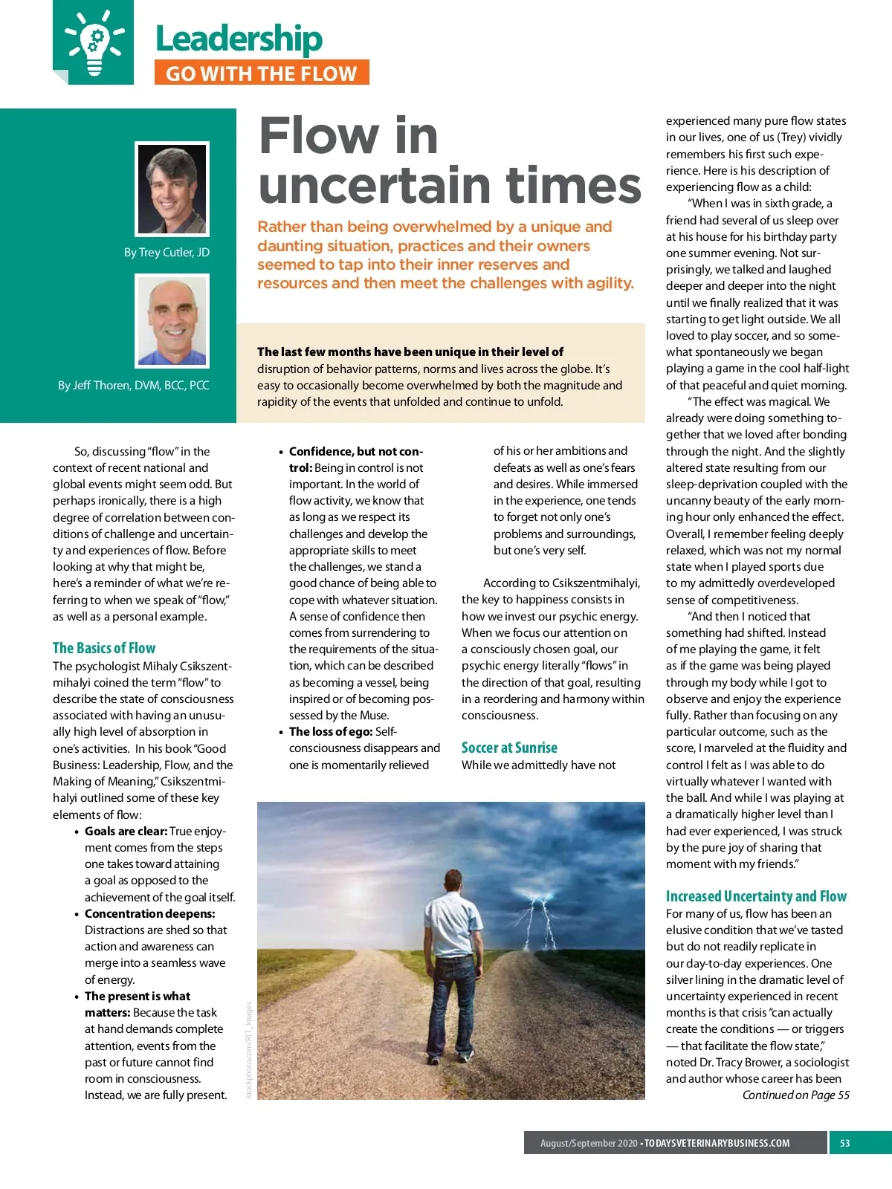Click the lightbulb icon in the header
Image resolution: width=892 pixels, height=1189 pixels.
(x=94, y=42)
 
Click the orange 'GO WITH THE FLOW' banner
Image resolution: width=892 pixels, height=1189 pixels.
(x=262, y=73)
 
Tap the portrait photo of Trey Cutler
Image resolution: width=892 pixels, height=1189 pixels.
(x=172, y=189)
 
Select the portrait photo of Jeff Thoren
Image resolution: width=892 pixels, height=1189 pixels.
(x=172, y=320)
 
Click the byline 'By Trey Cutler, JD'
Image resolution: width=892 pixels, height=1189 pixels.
(x=167, y=253)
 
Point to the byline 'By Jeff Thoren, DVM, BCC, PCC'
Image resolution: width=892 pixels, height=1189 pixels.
(x=134, y=385)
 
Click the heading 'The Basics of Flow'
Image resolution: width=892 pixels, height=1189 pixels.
(x=104, y=648)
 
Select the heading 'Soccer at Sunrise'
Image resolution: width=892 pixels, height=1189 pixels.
(x=509, y=748)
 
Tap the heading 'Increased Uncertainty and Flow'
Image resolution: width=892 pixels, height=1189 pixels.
(x=756, y=896)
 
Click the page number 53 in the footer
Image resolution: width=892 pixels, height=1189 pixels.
(x=844, y=1143)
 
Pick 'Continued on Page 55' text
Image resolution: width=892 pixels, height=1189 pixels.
(x=795, y=1095)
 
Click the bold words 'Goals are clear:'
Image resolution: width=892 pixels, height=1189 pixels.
(x=126, y=831)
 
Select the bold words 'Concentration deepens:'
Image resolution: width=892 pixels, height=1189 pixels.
(x=149, y=913)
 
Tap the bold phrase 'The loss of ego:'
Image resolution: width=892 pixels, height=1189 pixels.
(x=331, y=731)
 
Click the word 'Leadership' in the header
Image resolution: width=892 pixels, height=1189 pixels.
(x=239, y=39)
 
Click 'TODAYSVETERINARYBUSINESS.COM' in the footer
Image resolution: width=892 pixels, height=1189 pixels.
(x=717, y=1143)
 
